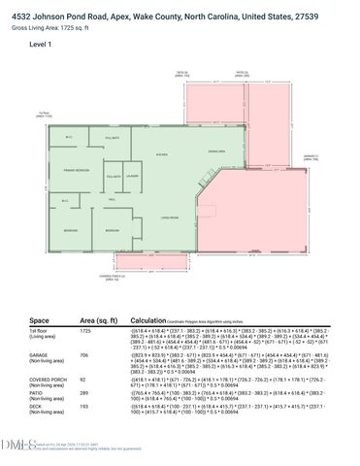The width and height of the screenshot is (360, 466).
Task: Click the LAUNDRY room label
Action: [132, 175]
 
